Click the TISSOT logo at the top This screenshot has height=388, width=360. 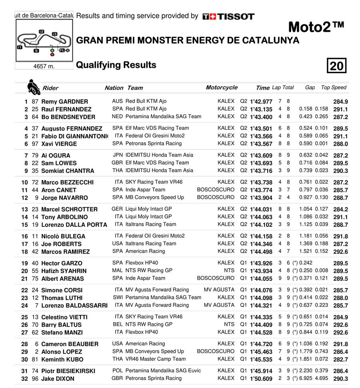pyautogui.click(x=228, y=16)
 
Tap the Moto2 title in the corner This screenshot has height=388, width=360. pyautogui.click(x=316, y=27)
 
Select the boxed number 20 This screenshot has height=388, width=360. pyautogui.click(x=336, y=66)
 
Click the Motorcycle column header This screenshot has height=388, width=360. pyautogui.click(x=221, y=88)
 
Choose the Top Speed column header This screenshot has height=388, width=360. pyautogui.click(x=334, y=88)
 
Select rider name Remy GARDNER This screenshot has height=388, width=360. pyautogui.click(x=64, y=101)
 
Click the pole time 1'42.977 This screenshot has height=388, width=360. pyautogui.click(x=261, y=101)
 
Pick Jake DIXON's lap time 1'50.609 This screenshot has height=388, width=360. pyautogui.click(x=261, y=379)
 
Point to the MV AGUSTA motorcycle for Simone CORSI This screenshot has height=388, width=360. pyautogui.click(x=219, y=290)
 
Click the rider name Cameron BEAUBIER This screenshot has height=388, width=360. pyautogui.click(x=70, y=344)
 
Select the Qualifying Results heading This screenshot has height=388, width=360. pyautogui.click(x=116, y=65)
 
